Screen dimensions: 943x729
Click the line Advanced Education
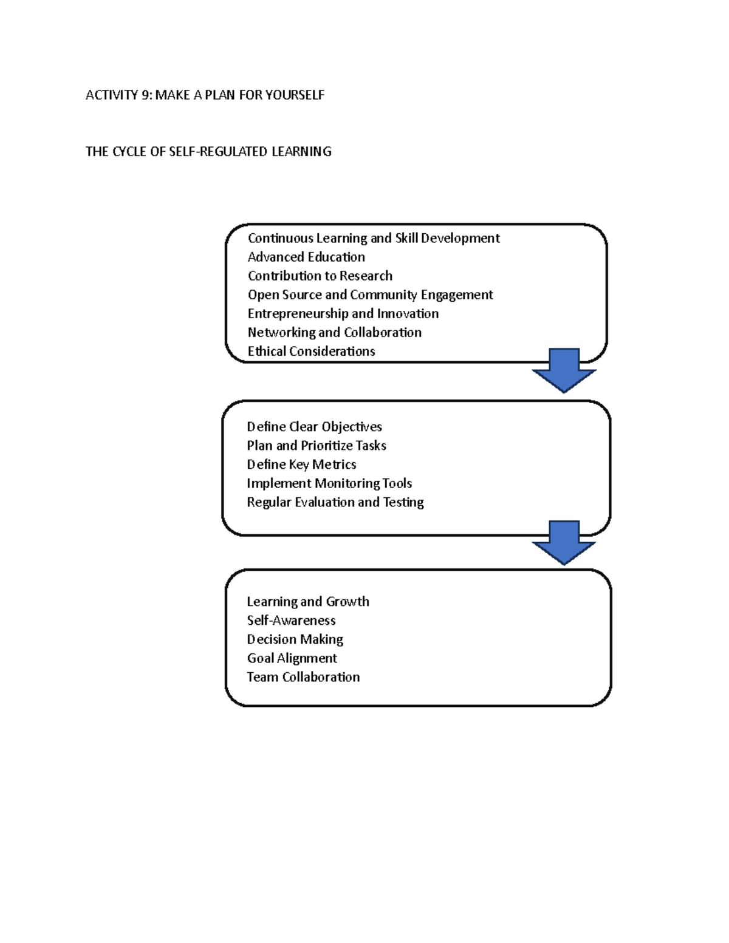(x=306, y=257)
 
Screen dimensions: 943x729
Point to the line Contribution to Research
(x=320, y=276)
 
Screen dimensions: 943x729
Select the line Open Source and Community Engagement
(x=370, y=294)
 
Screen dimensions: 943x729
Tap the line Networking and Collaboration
(x=334, y=332)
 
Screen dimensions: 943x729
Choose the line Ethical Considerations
(x=311, y=351)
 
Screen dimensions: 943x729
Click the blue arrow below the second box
(x=564, y=543)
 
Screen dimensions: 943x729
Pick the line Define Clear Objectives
(x=314, y=426)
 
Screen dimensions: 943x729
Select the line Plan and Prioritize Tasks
(x=316, y=445)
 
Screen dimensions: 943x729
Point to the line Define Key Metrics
(x=301, y=464)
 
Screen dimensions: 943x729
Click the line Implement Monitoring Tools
(x=329, y=483)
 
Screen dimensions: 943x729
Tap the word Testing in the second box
(x=403, y=502)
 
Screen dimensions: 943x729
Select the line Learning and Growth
(x=307, y=601)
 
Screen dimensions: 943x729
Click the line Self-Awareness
(x=291, y=620)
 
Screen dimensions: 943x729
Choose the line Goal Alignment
(x=292, y=658)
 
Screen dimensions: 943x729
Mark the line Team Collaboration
(x=303, y=676)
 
